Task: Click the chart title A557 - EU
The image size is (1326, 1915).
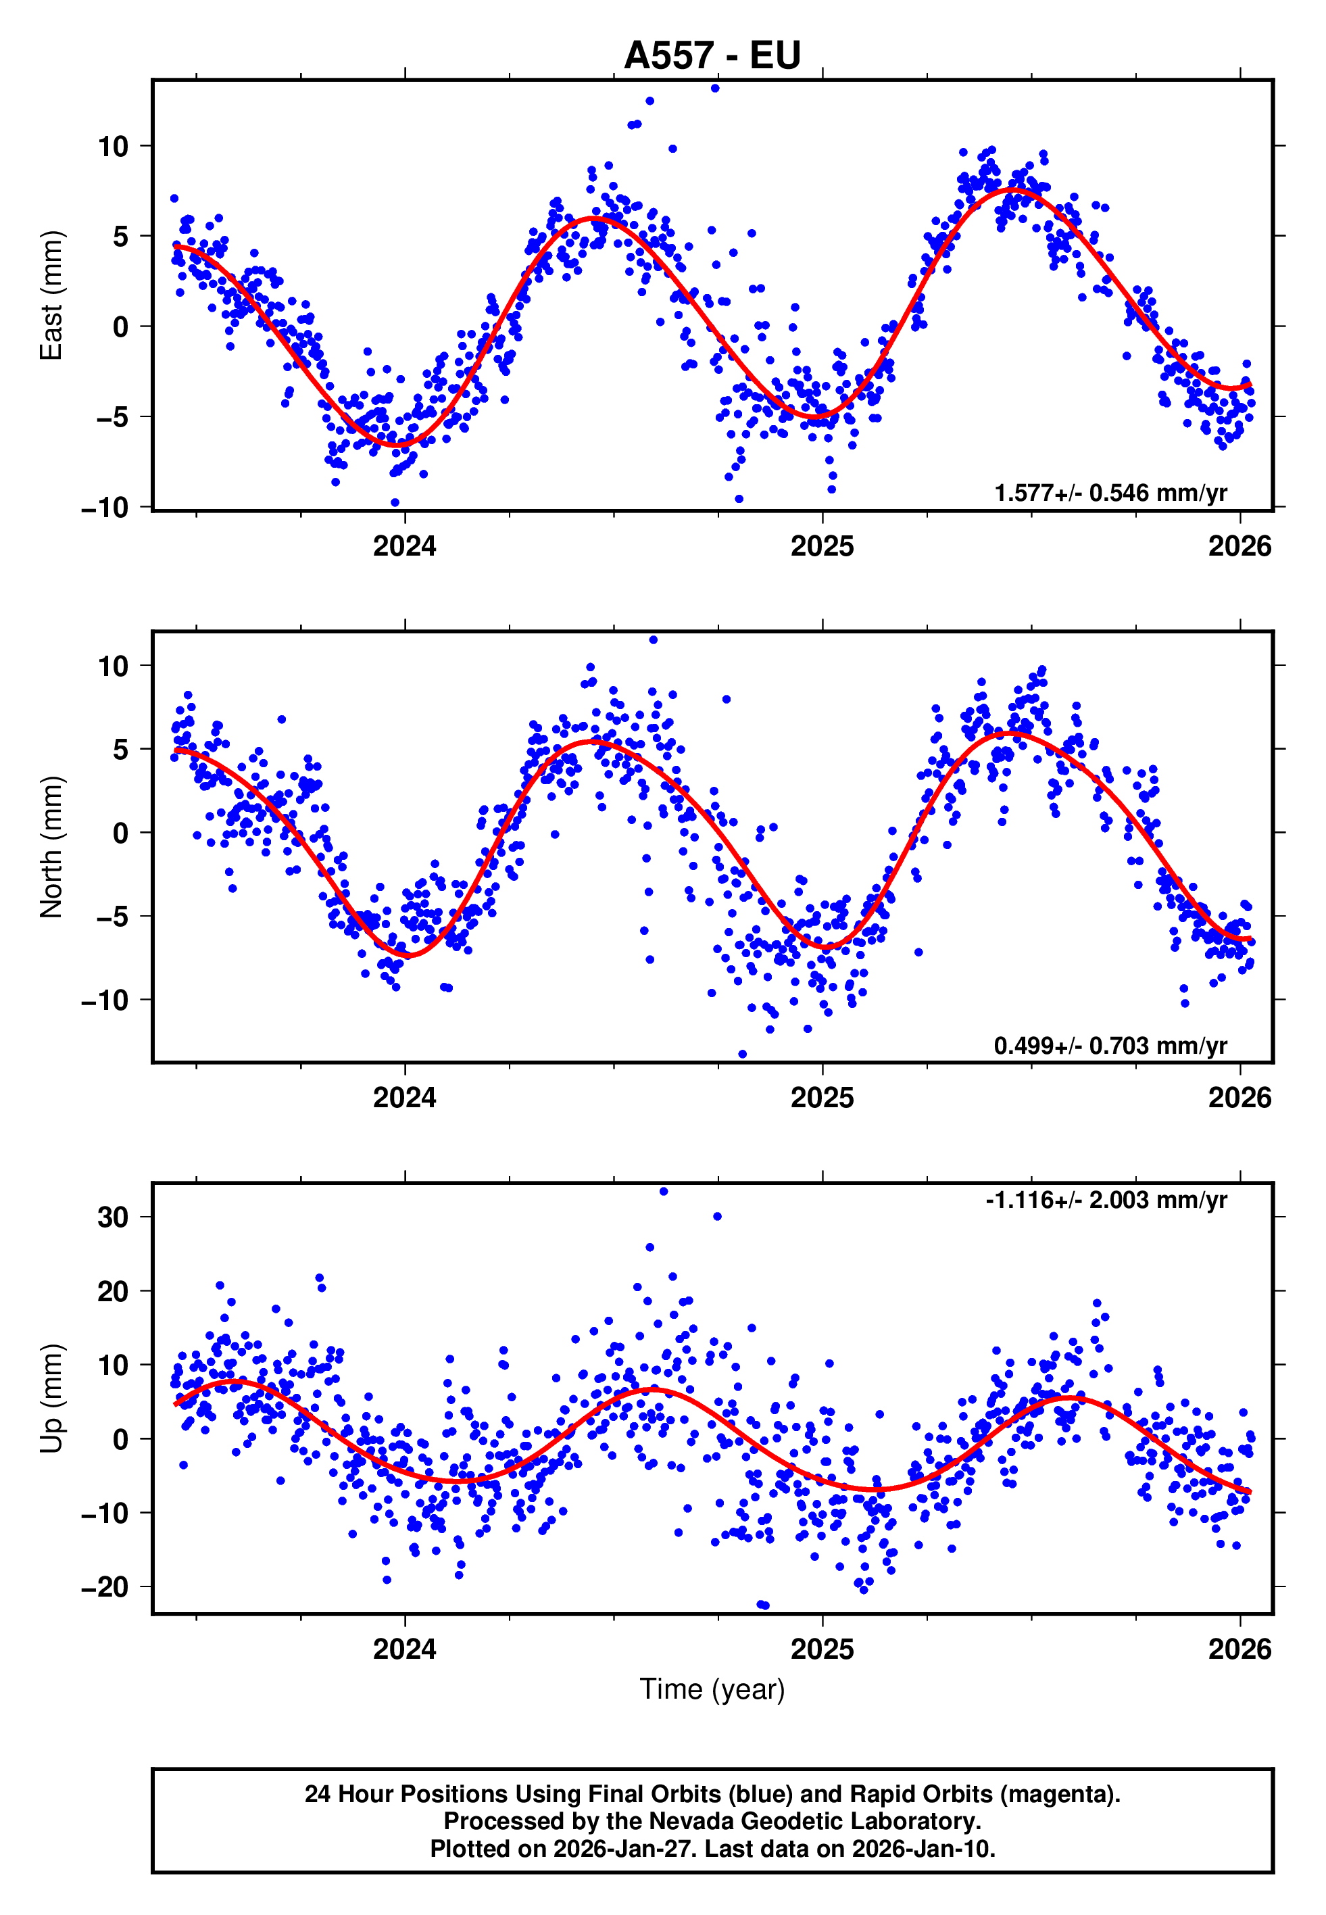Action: (712, 55)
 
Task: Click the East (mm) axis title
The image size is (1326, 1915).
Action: (51, 296)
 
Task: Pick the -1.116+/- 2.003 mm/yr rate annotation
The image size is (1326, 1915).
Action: (1106, 1200)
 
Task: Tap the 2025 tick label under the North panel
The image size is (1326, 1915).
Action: (822, 1098)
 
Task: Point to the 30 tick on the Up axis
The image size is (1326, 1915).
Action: (113, 1217)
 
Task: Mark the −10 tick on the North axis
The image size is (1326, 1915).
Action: (105, 1000)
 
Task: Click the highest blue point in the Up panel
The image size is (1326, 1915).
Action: (663, 1191)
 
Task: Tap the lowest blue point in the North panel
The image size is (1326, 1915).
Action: (743, 1055)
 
